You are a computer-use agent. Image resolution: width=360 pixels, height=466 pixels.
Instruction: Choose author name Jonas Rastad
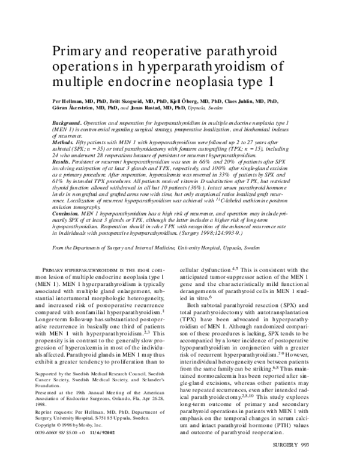[153, 110]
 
